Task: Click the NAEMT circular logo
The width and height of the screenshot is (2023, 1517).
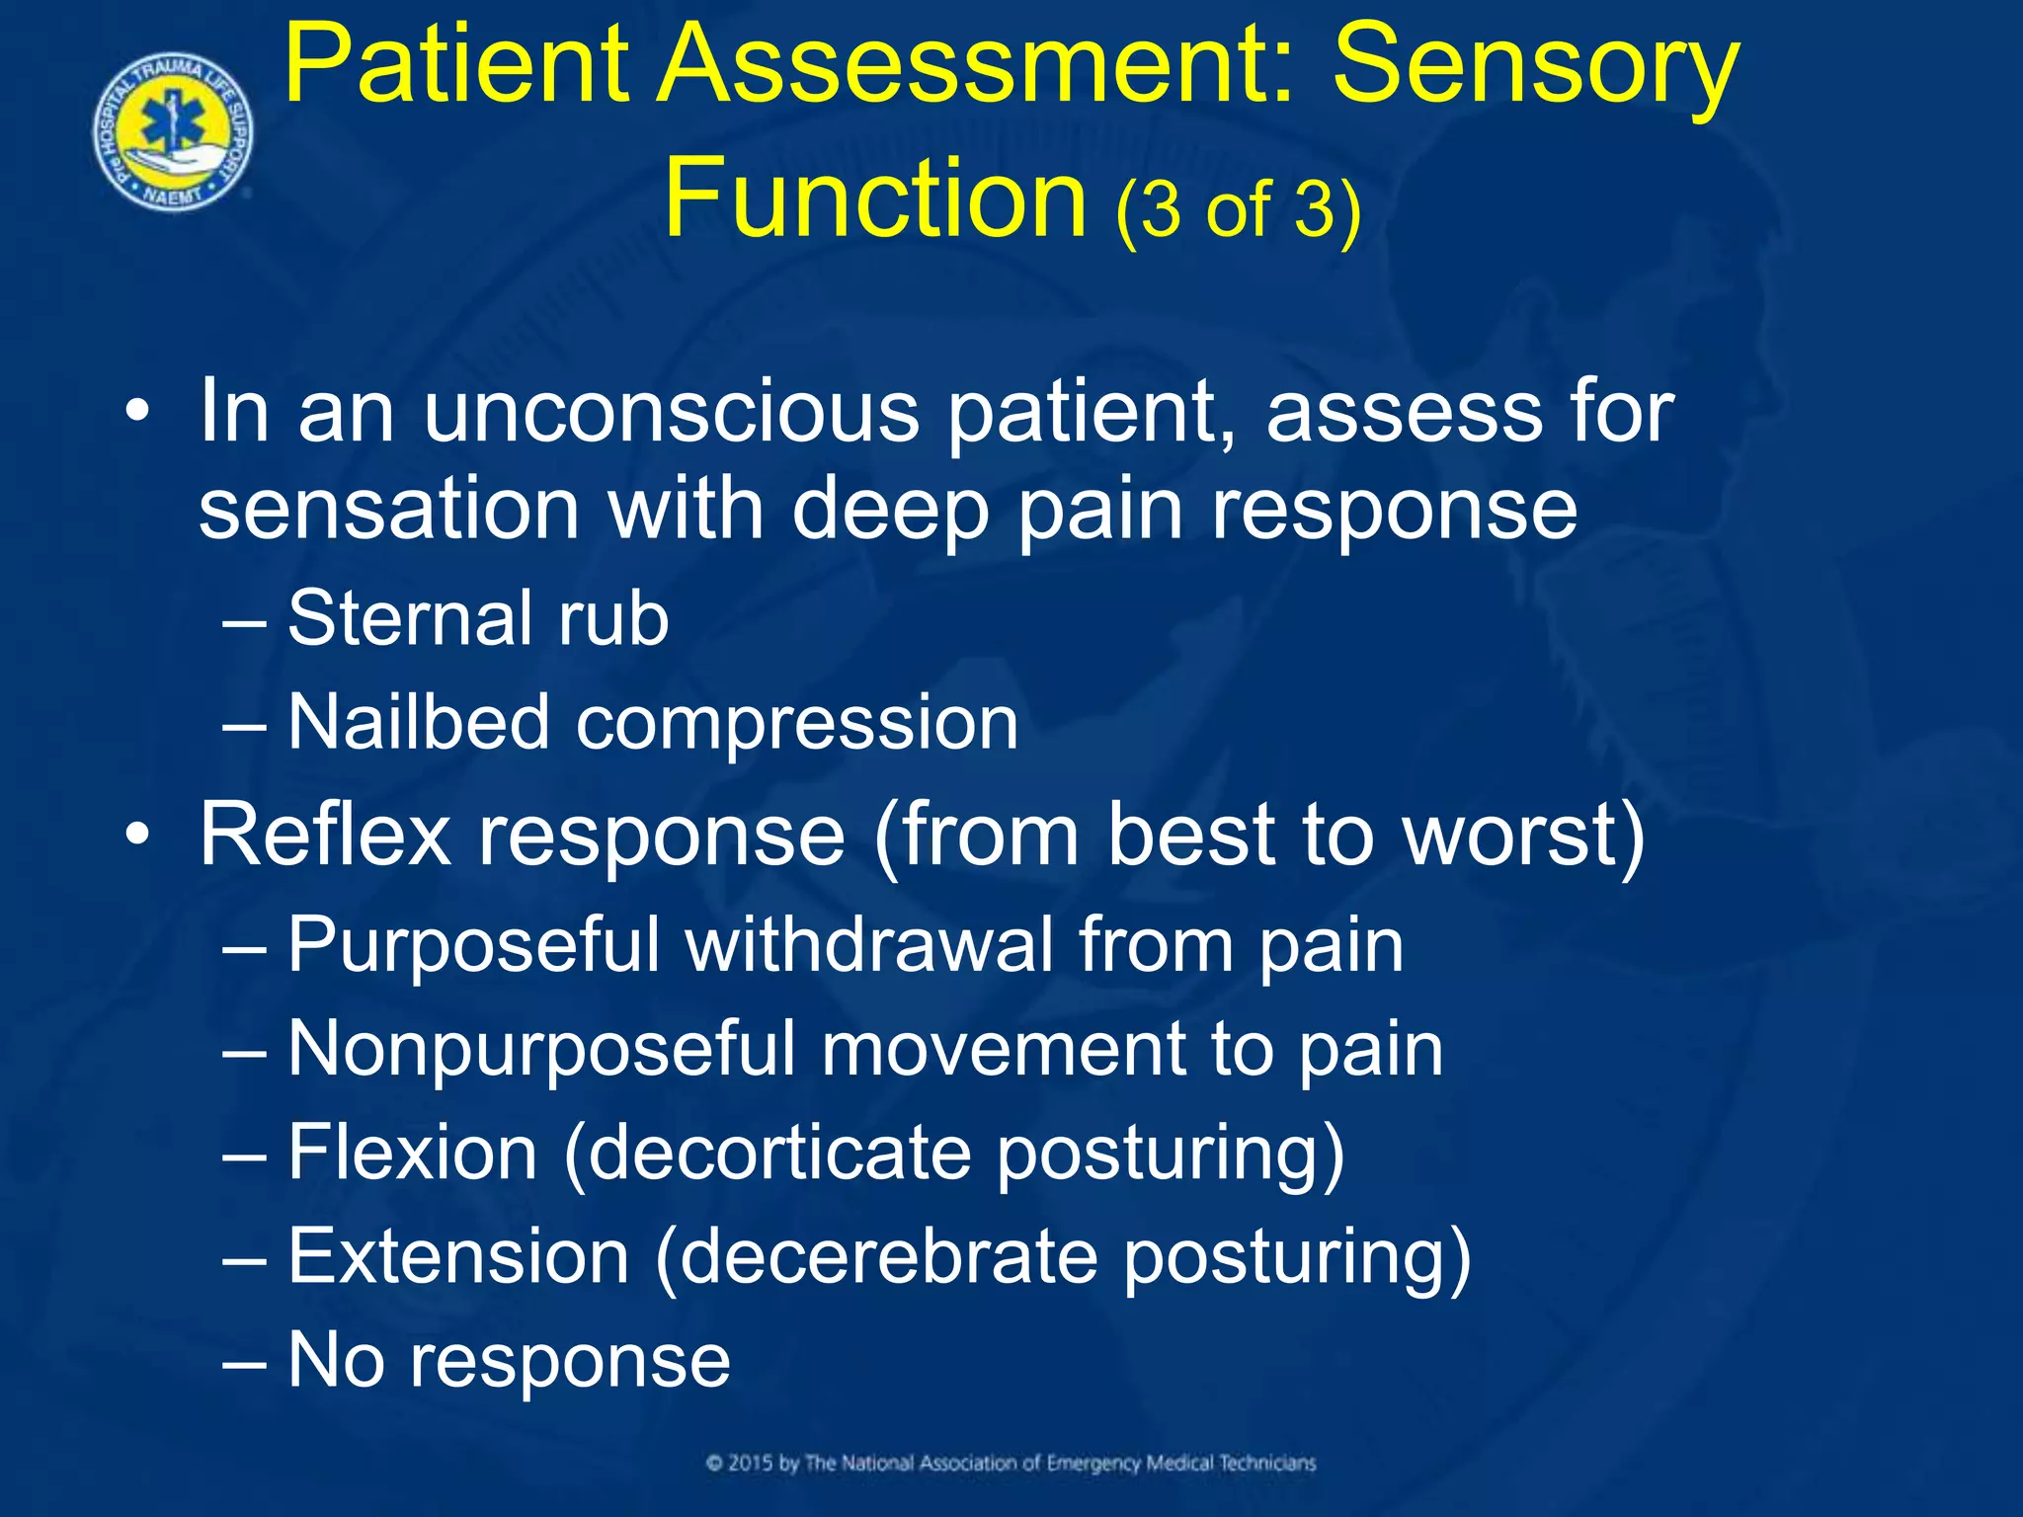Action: click(x=174, y=132)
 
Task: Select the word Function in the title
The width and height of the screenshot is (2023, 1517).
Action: click(x=875, y=198)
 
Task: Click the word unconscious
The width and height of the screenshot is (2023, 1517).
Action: click(x=672, y=413)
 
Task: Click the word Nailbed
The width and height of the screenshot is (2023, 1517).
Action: click(x=418, y=722)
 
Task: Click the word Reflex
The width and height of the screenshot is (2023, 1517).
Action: click(x=325, y=836)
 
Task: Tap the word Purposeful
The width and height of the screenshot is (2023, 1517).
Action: click(x=473, y=946)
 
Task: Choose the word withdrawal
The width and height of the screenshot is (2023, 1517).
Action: click(x=868, y=944)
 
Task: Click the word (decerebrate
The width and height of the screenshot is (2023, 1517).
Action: click(x=875, y=1257)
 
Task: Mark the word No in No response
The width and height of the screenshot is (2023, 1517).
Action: click(x=336, y=1360)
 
